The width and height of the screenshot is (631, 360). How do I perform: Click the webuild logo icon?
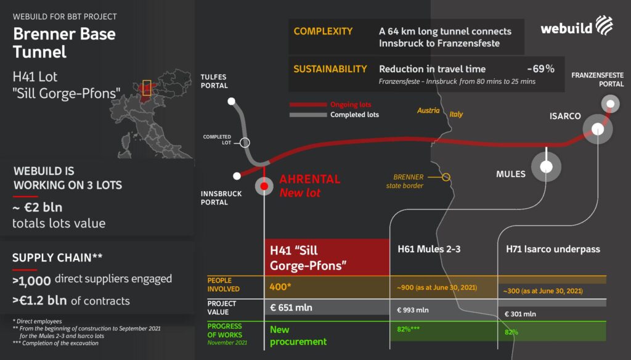coord(604,25)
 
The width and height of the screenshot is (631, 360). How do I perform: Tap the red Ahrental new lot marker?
coord(264,186)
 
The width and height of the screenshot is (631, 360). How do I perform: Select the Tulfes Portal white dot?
coord(232,102)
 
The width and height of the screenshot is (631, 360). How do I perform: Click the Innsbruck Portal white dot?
coord(237,176)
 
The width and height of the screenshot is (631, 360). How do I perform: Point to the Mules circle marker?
coord(546,166)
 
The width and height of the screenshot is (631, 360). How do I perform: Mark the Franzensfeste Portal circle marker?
coord(611,104)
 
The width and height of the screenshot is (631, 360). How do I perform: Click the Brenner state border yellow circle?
coord(446,177)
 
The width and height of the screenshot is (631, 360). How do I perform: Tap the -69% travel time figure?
coord(541,69)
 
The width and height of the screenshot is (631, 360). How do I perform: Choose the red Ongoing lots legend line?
coord(308,105)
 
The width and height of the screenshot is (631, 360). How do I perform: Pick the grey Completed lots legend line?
coord(308,115)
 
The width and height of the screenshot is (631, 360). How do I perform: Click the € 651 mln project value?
coord(291,308)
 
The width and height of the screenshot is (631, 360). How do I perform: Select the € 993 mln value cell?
coord(413,310)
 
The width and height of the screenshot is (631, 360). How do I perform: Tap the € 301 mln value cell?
coord(520,314)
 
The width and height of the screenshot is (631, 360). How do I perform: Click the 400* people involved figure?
coord(280,287)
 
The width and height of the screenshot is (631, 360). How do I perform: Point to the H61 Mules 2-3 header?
coord(429,249)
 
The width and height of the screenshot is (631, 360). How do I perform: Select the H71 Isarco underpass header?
coord(553,249)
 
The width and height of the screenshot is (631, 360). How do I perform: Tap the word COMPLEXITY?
coord(323,31)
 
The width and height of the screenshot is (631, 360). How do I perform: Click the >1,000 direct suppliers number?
coord(31,280)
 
